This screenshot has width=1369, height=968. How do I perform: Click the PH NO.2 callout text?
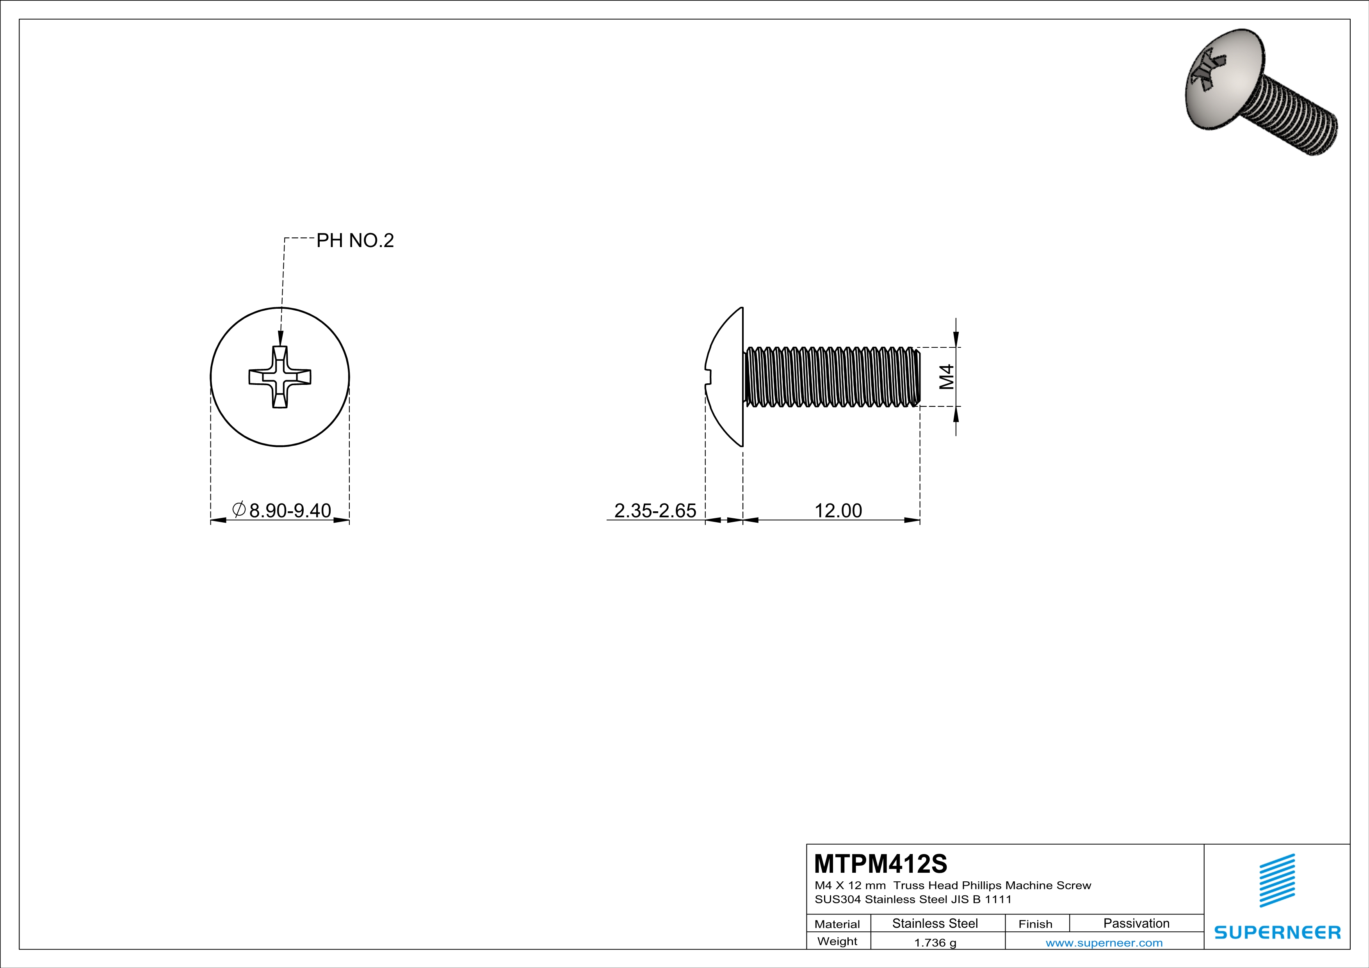tap(355, 241)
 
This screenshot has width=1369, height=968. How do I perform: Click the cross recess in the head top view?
tap(279, 377)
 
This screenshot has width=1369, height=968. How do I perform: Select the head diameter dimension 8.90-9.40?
tap(290, 511)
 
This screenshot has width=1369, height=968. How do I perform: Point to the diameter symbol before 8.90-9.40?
tap(239, 510)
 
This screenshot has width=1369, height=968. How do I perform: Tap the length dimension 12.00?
tap(838, 511)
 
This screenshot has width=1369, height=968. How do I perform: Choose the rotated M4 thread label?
tap(947, 377)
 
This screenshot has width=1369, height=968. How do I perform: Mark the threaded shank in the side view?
tap(832, 377)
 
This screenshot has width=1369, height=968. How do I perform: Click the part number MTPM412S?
tap(880, 864)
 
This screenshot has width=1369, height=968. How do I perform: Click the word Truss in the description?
tap(908, 886)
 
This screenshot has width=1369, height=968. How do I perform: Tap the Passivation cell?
tap(1136, 923)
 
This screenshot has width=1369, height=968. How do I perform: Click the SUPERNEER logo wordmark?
tap(1277, 932)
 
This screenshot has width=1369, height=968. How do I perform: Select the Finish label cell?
tap(1035, 924)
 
